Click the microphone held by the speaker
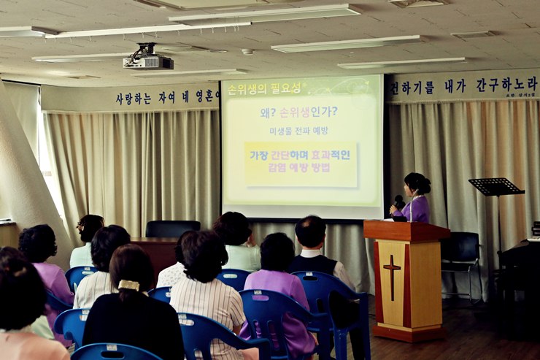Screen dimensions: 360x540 398,201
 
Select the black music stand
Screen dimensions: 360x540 496,187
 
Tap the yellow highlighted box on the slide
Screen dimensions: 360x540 301,162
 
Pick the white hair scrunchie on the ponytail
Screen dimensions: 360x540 129,285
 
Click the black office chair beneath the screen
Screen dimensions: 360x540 172,229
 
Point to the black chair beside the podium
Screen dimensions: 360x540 460,256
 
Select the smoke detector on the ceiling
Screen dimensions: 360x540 247,52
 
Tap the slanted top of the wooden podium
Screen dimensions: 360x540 406,231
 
